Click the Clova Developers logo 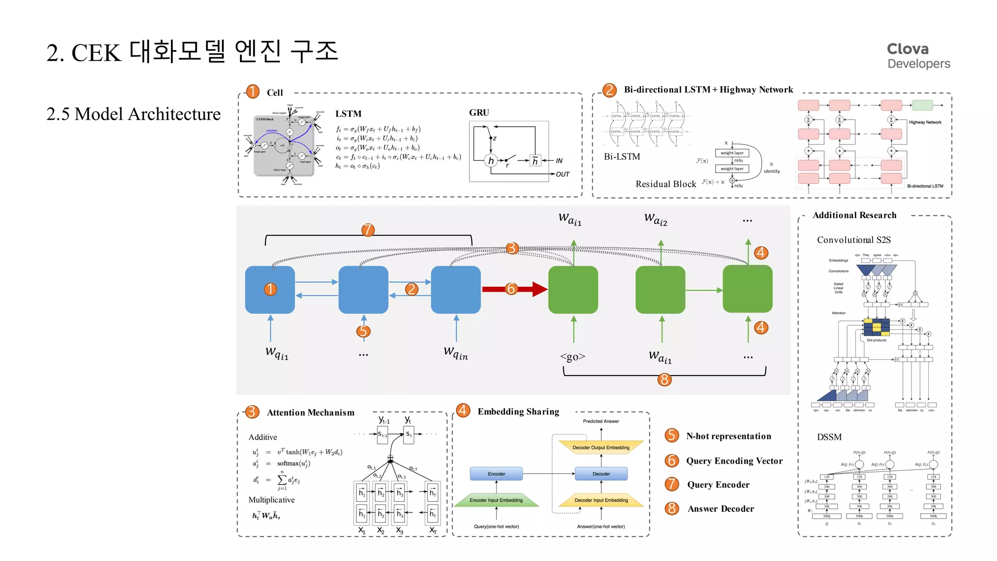918,56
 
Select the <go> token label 572,356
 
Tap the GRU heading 479,112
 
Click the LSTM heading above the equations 348,114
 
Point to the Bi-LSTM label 622,157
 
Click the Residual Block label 665,184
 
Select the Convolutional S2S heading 853,240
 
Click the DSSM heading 829,437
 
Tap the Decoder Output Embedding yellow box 601,448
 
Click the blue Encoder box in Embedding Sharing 496,474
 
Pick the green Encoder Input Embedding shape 496,500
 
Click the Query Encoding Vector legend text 734,461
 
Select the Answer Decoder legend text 720,508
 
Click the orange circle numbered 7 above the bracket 368,230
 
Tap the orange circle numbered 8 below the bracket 664,379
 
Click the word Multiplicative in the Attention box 271,500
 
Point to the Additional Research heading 854,215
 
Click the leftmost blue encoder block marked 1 270,289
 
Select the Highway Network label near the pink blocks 924,122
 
